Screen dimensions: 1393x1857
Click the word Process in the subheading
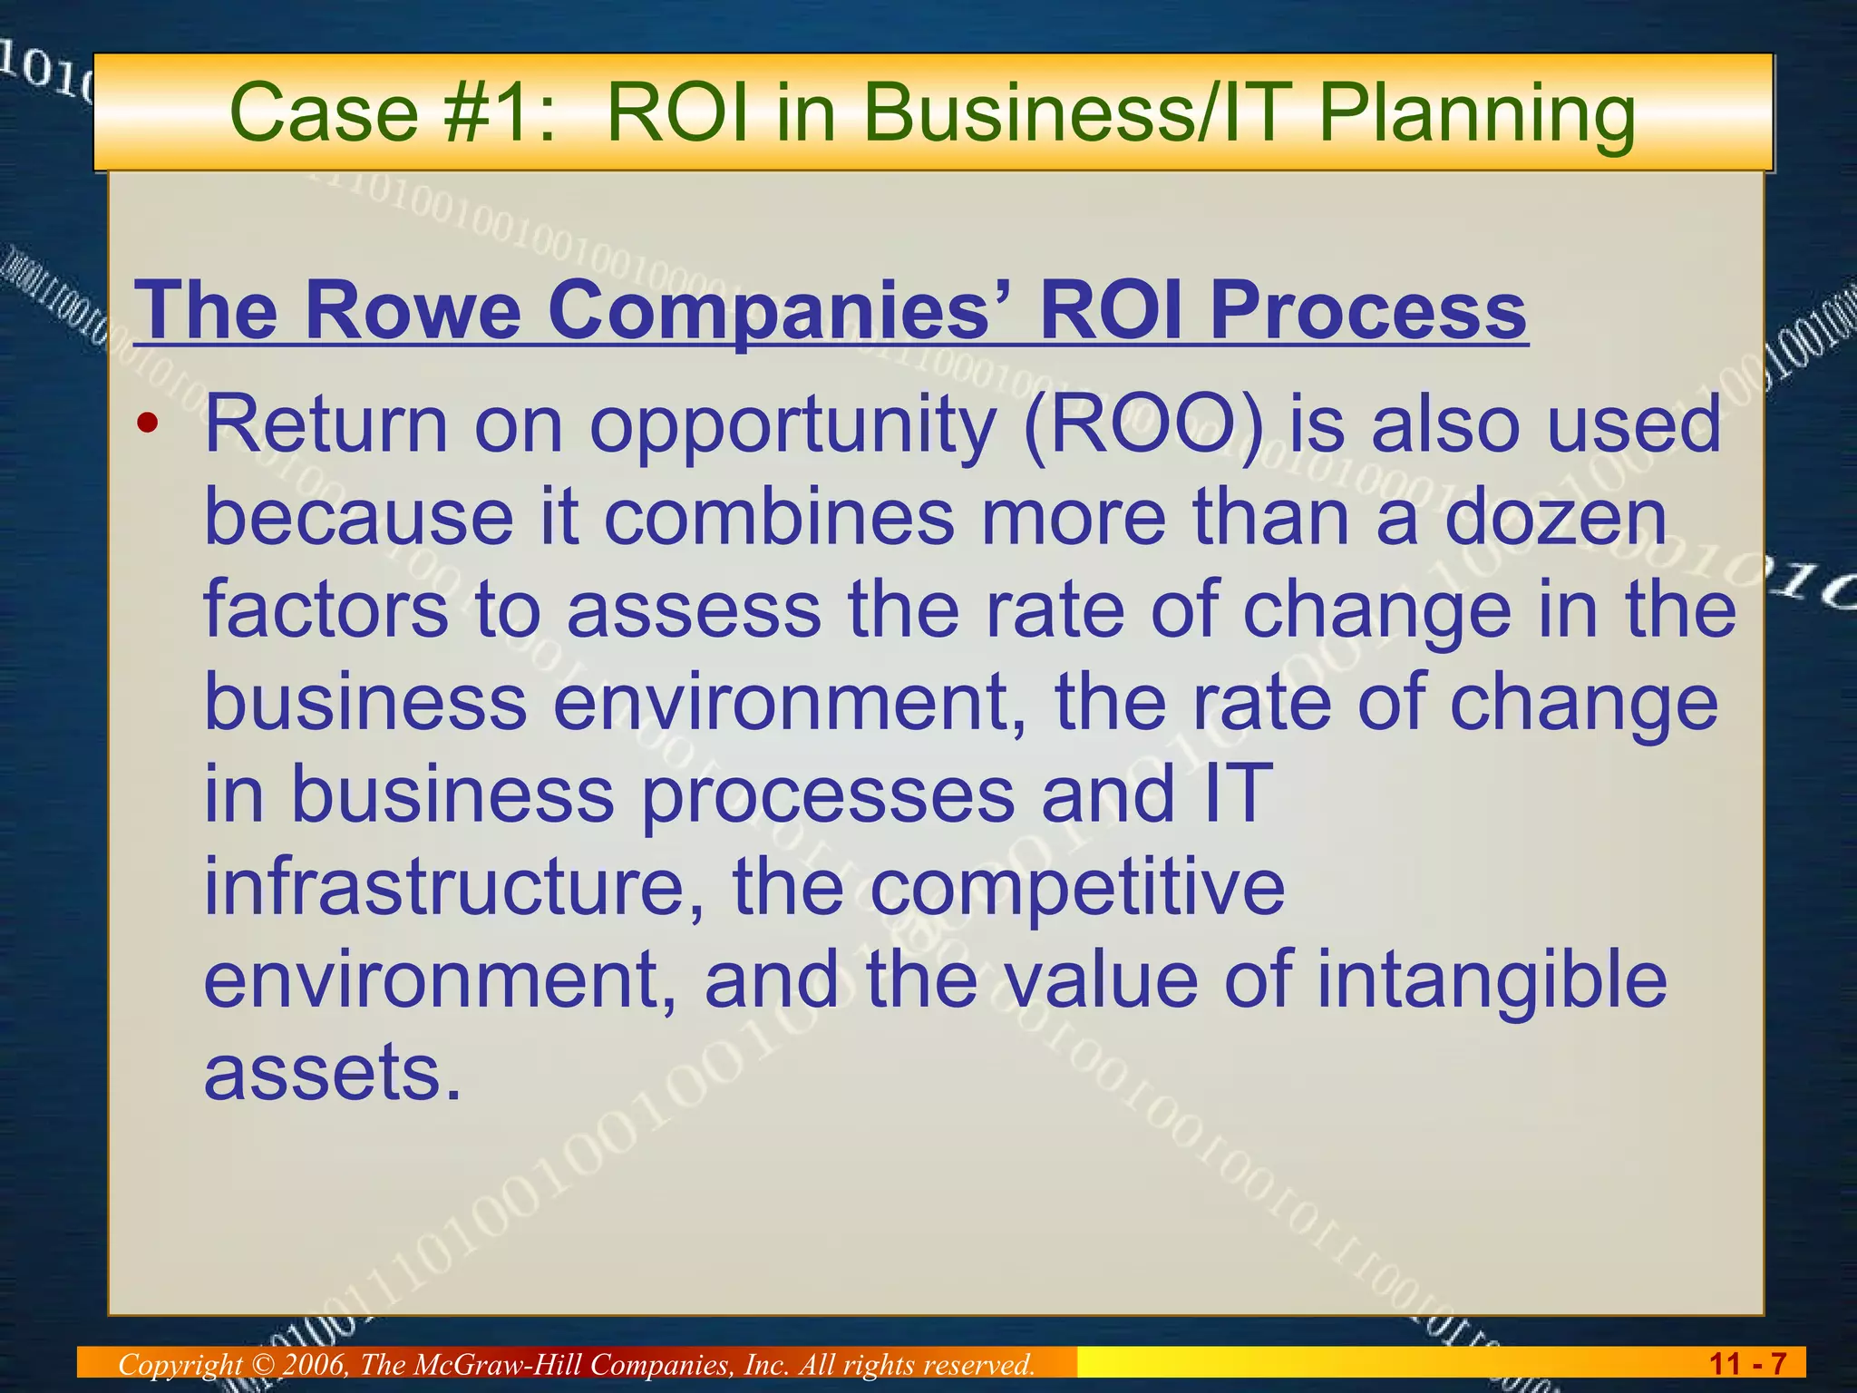point(1368,310)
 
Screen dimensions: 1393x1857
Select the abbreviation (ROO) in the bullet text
point(1143,425)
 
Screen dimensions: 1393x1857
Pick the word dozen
point(1555,517)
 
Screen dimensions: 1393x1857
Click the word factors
point(326,609)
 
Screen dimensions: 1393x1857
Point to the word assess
point(694,609)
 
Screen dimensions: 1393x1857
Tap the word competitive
point(1077,889)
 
